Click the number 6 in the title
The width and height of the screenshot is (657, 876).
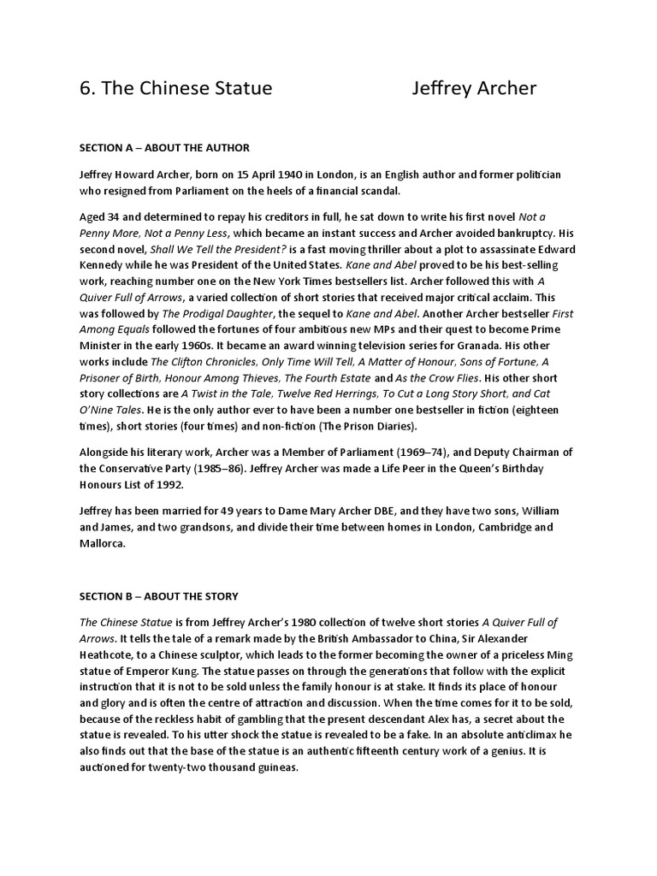[85, 89]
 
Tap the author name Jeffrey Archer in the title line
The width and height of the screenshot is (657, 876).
[474, 89]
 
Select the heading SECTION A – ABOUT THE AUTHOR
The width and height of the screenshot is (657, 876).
[164, 147]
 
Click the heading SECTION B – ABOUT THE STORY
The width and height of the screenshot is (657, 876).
[159, 595]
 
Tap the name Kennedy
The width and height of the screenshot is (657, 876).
[104, 264]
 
